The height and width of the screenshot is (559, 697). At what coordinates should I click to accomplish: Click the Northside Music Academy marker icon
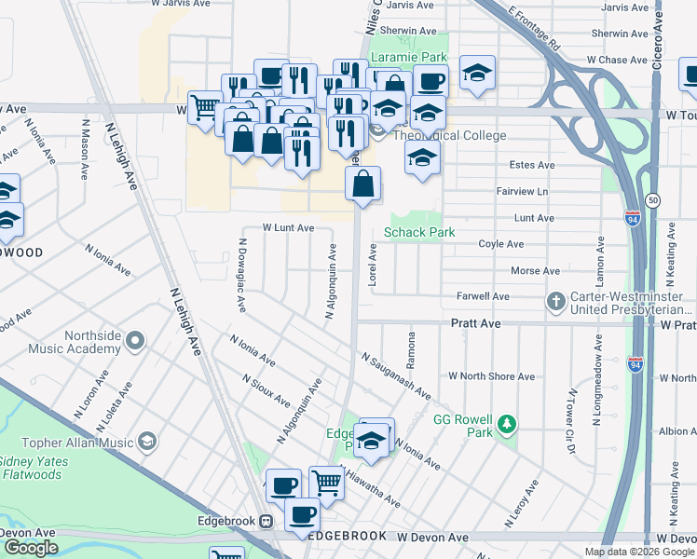click(137, 341)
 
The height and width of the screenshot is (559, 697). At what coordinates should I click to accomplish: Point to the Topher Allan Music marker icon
click(147, 440)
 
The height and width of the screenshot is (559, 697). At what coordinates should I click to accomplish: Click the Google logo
click(31, 548)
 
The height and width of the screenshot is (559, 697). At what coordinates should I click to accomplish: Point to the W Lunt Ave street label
click(288, 227)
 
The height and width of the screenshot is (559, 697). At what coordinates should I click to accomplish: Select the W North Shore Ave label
click(491, 376)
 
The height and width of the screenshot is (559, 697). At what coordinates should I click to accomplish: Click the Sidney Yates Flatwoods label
click(44, 468)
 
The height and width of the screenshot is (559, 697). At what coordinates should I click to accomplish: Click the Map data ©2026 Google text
click(639, 552)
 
